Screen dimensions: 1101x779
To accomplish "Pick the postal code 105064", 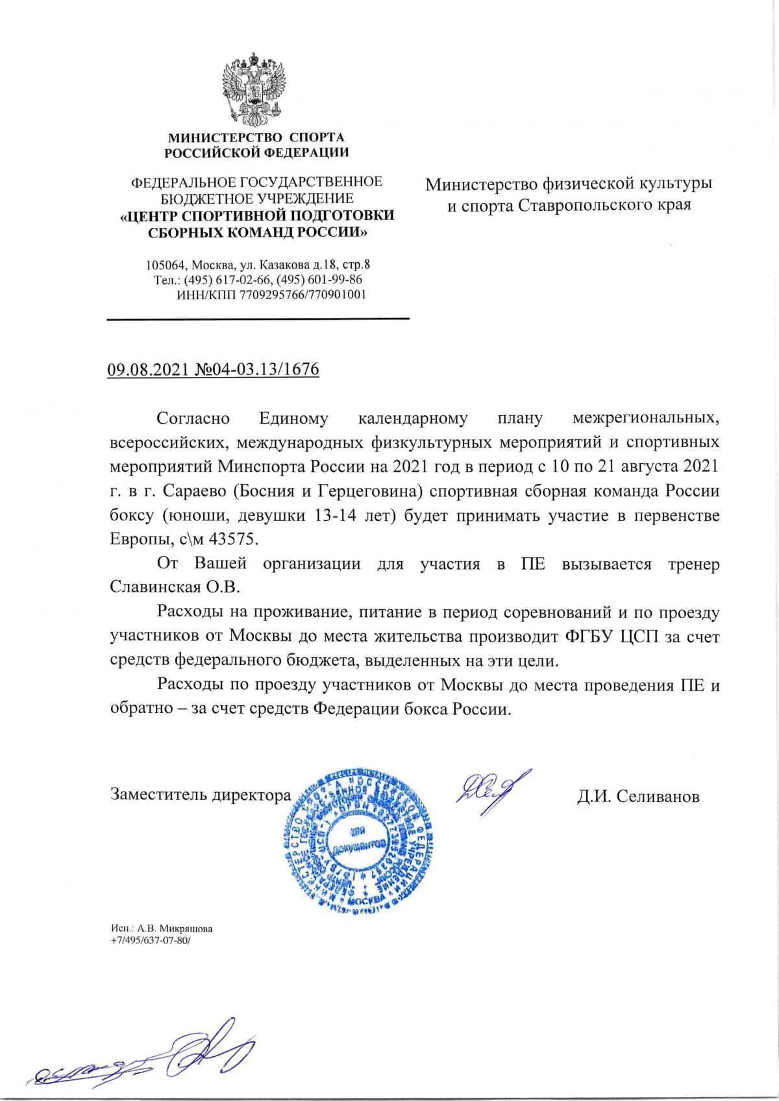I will (166, 265).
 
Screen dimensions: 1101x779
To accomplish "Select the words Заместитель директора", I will (201, 794).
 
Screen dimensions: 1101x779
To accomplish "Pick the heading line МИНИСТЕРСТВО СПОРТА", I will (256, 138).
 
